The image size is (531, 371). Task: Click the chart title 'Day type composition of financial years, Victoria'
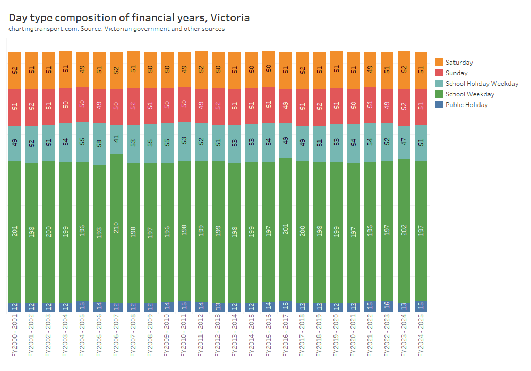pos(129,17)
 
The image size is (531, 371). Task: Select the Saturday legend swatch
pos(439,62)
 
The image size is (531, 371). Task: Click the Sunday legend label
pos(456,73)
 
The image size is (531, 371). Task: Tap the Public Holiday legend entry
pos(466,105)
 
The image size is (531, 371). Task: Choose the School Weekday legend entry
pos(469,94)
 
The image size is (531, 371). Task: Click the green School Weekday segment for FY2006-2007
pos(116,228)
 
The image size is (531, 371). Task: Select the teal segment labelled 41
pos(116,139)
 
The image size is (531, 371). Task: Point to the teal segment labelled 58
pos(99,144)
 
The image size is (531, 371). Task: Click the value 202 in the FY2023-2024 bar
pos(404,231)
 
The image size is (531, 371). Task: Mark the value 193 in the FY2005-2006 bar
pos(99,234)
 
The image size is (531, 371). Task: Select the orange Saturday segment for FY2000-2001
pos(15,70)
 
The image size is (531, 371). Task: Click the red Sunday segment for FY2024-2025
pos(421,107)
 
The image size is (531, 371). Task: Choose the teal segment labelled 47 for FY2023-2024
pos(404,142)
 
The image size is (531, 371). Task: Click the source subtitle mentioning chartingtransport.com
pos(116,29)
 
